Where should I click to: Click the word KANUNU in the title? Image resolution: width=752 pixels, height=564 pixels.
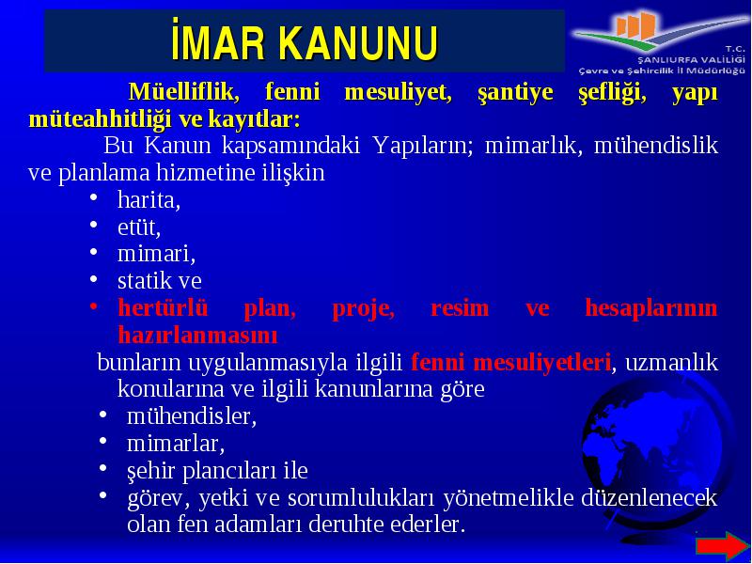[357, 43]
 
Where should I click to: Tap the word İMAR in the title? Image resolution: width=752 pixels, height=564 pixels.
[218, 39]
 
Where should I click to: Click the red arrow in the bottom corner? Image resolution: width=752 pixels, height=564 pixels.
[721, 546]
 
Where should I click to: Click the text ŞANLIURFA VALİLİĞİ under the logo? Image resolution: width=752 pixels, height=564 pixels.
[691, 59]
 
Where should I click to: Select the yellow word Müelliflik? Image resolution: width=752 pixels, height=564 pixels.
[183, 91]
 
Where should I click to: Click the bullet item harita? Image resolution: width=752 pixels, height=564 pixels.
[149, 199]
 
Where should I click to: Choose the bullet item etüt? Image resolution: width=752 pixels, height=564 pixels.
[139, 227]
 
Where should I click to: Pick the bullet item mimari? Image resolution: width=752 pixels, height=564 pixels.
[156, 254]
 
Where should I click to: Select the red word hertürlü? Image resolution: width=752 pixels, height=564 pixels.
[163, 307]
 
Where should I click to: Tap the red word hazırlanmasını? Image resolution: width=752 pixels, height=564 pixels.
[197, 335]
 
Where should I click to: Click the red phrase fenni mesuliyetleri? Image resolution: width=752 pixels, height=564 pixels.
[510, 362]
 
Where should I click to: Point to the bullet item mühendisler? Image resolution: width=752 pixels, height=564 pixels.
[192, 415]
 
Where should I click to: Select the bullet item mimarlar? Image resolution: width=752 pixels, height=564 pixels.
[176, 443]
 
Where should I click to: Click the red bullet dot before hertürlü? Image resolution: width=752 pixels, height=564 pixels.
[93, 305]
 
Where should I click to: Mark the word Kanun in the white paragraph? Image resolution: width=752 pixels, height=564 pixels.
[178, 146]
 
